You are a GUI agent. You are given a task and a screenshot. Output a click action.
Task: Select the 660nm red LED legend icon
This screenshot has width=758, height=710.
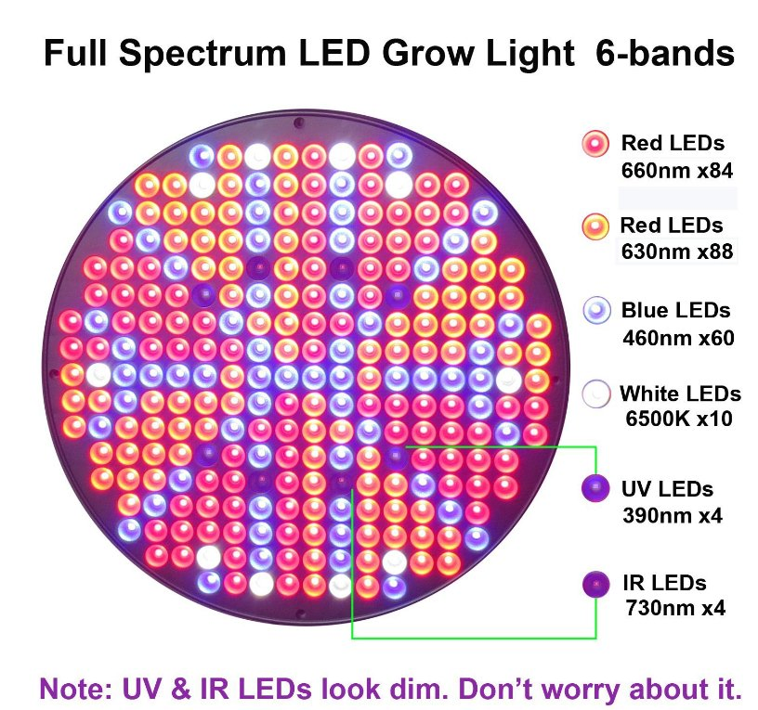tap(595, 144)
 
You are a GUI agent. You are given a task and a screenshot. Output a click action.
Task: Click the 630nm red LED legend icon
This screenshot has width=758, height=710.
tap(595, 226)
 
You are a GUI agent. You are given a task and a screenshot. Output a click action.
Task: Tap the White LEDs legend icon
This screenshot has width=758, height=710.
tap(595, 394)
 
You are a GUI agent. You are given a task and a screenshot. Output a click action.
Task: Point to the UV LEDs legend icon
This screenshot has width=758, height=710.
tap(591, 488)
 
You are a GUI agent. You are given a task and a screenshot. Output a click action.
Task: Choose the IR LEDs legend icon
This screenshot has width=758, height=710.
tap(591, 584)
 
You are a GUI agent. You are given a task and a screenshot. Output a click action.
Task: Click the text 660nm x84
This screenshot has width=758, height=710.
tap(676, 171)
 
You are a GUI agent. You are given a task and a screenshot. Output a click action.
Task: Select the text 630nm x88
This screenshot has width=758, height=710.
tap(676, 252)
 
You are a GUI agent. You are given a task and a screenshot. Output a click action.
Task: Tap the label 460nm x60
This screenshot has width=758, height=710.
tap(677, 337)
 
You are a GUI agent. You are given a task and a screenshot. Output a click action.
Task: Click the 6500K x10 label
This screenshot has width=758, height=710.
tap(679, 419)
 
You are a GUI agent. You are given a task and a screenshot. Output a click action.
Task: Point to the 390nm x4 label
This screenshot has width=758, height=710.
tap(673, 514)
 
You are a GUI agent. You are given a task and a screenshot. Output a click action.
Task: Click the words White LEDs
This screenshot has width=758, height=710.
tap(680, 394)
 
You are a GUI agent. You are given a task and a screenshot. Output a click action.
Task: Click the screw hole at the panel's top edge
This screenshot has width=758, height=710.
tap(298, 122)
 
